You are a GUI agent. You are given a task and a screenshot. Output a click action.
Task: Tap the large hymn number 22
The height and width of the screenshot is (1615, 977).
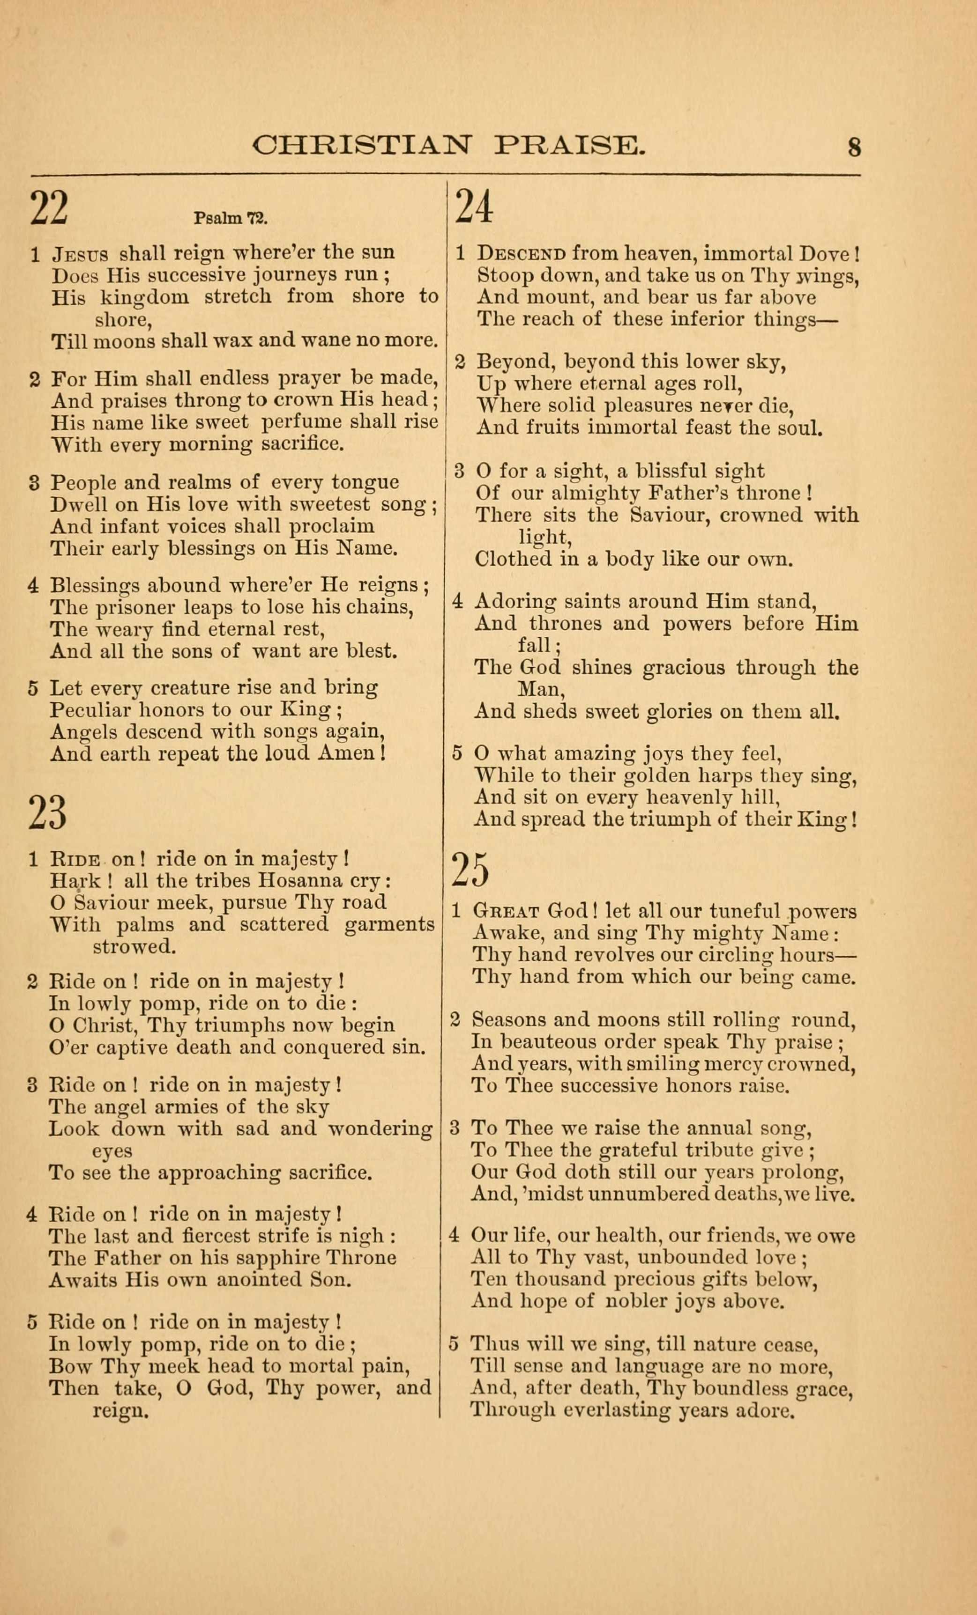49,208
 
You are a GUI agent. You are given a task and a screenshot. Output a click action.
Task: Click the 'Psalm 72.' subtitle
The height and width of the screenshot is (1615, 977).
231,218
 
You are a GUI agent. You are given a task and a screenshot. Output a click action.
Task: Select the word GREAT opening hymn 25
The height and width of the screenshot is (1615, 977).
506,912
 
